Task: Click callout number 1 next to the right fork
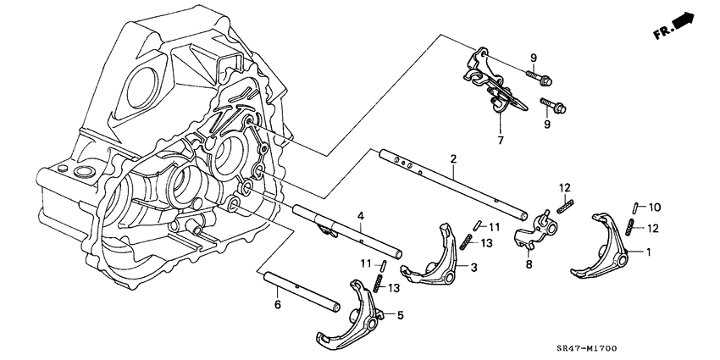[x=649, y=252]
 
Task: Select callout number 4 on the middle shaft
[x=360, y=217]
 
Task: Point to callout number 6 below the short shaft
[x=276, y=306]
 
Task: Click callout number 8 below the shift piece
[x=528, y=263]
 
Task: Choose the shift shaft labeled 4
[x=347, y=233]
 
